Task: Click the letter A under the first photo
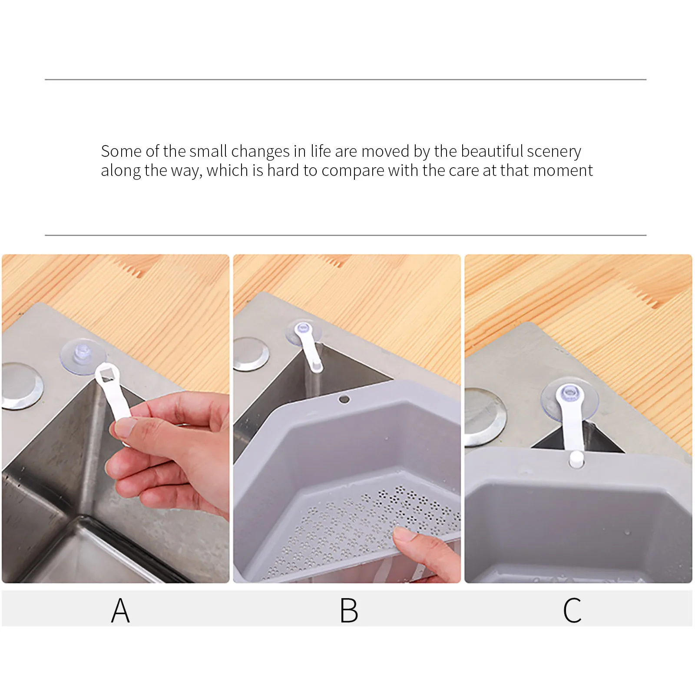click(120, 610)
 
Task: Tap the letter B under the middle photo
click(349, 610)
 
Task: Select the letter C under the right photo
click(572, 610)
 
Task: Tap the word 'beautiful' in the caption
click(492, 151)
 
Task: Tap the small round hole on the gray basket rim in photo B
click(344, 399)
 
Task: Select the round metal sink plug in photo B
click(250, 354)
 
